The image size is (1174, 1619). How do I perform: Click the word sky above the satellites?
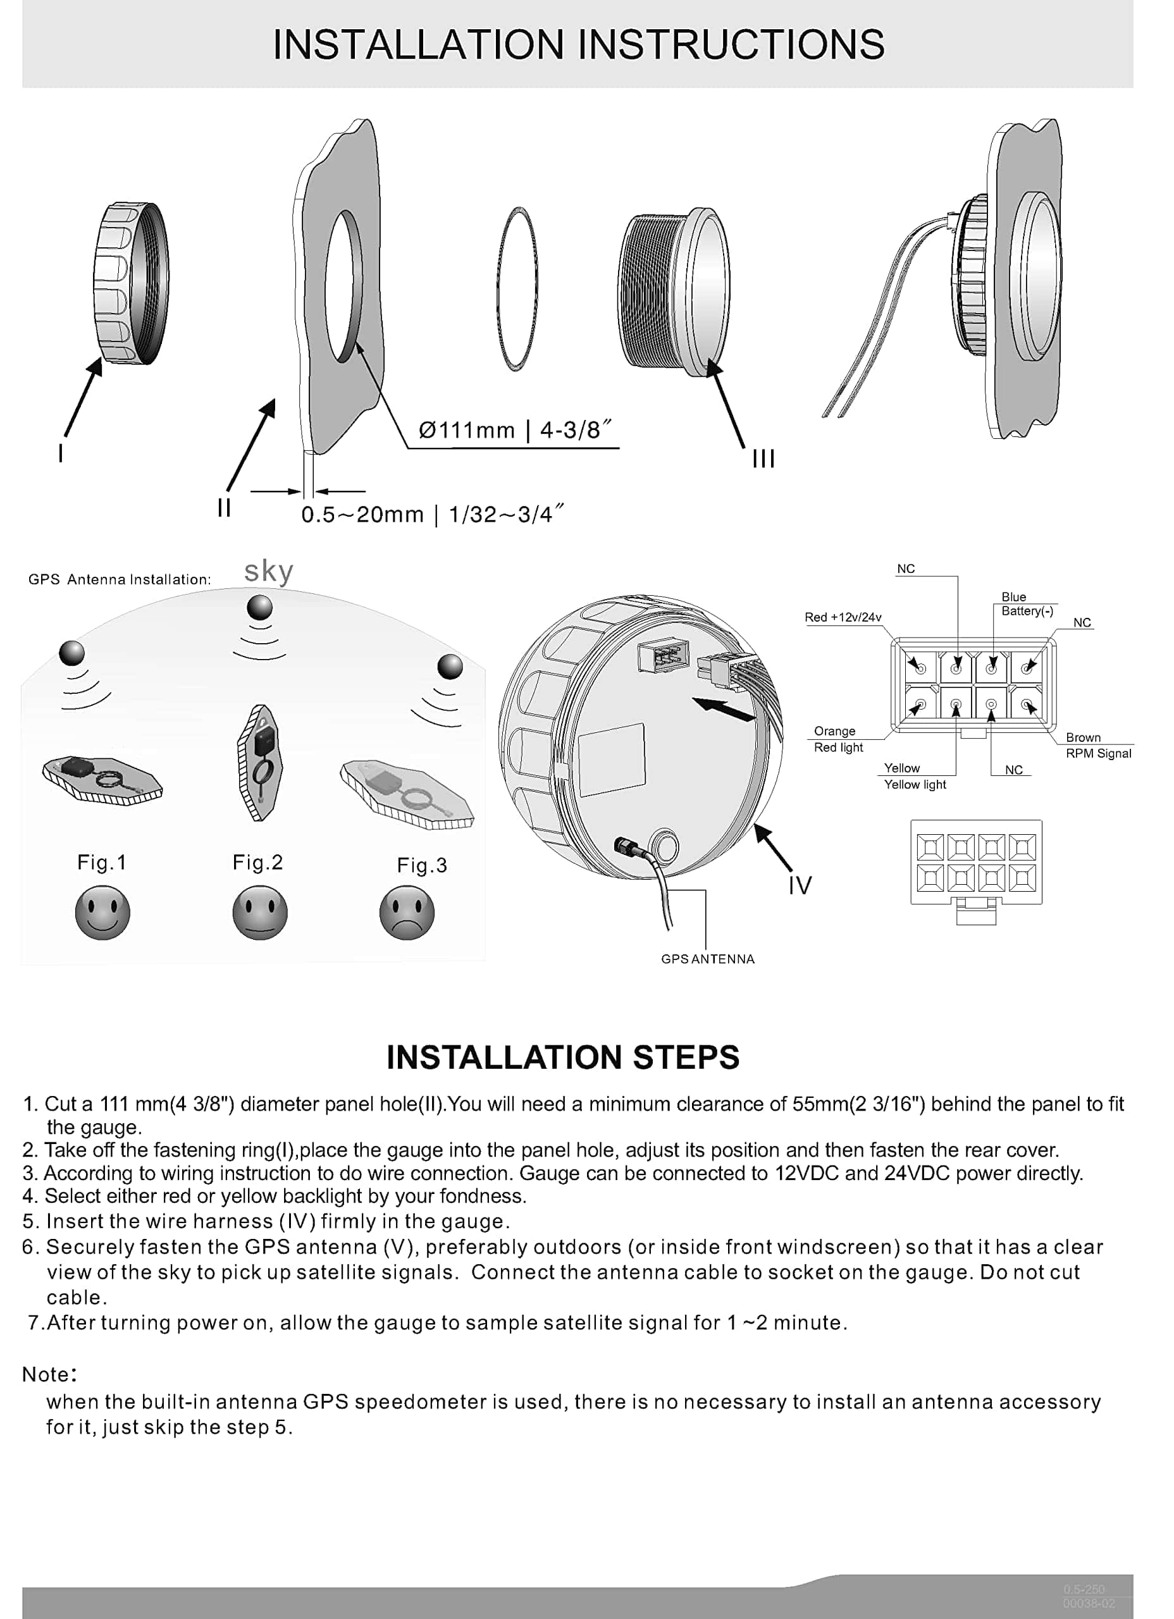coord(268,572)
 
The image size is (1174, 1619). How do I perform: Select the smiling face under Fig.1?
coord(102,913)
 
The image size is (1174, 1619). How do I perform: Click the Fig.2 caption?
coord(258,863)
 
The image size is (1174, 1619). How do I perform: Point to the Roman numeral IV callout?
coord(800,885)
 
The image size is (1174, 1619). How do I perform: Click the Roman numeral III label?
coord(763,459)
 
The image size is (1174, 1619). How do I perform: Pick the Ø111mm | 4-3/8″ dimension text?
coord(515,431)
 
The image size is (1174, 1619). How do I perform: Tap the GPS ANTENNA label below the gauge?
coord(707,959)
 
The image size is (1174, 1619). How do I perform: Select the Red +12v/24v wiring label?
coord(843,617)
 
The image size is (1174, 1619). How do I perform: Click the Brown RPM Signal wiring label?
coord(1097,745)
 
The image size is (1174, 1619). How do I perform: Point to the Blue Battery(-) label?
coord(1026,604)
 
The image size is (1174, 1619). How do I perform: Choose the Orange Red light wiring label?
coord(837,739)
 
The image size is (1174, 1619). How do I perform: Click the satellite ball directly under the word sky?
coord(259,608)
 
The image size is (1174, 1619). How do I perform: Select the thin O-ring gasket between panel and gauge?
coord(516,288)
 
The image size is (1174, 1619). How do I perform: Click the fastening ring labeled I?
coord(132,283)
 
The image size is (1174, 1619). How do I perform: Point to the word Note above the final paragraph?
coord(47,1374)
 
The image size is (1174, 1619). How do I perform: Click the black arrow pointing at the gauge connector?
coord(724,709)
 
